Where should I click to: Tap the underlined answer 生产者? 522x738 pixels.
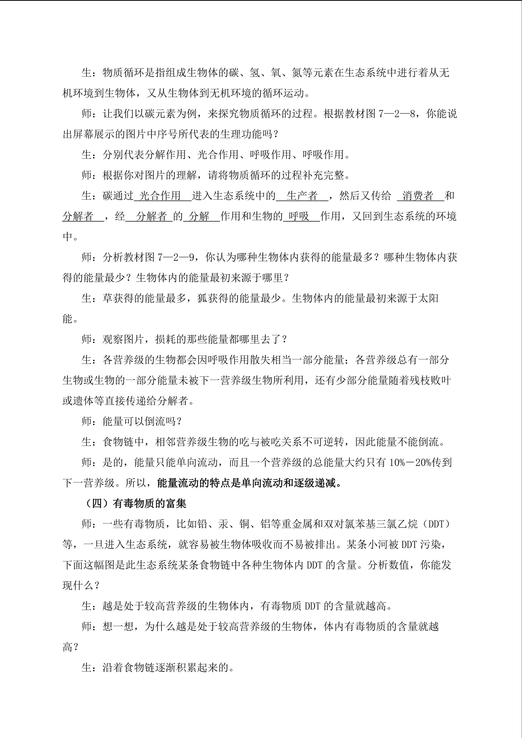click(x=302, y=196)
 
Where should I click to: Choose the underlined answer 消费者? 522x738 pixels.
click(x=418, y=196)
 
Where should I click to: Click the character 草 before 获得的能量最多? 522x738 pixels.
click(x=108, y=298)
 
